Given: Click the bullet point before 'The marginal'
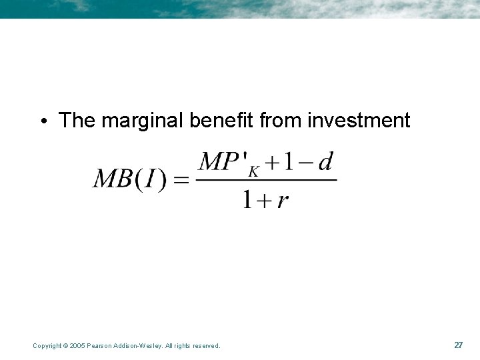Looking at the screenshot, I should click(x=43, y=121).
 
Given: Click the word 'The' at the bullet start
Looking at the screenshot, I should click(x=77, y=121).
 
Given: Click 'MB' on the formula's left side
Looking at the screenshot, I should click(x=113, y=179).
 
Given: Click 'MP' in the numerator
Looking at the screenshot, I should click(x=219, y=162).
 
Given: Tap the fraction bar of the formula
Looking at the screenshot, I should click(x=267, y=179).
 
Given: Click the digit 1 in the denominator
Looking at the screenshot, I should click(x=247, y=198).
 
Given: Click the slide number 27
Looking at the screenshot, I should click(x=458, y=345).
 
